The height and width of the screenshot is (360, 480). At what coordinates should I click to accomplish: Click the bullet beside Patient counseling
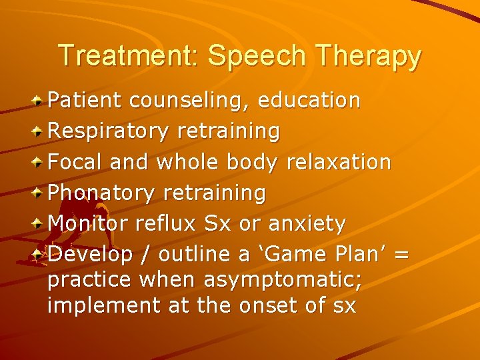pyautogui.click(x=39, y=101)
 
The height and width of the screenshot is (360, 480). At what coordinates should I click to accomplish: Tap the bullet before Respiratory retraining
pyautogui.click(x=39, y=131)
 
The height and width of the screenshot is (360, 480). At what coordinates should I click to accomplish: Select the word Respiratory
pyautogui.click(x=109, y=131)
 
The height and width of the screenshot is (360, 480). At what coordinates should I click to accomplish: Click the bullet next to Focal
pyautogui.click(x=39, y=162)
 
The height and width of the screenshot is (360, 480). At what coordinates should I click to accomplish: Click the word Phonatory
pyautogui.click(x=102, y=193)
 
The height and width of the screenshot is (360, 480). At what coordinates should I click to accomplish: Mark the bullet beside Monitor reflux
pyautogui.click(x=39, y=223)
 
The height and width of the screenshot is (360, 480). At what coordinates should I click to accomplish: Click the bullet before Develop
pyautogui.click(x=39, y=254)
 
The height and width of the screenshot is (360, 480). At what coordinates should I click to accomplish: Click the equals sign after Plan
pyautogui.click(x=401, y=255)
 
